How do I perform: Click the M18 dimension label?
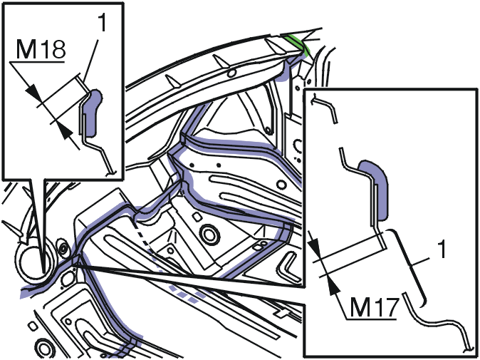click(41, 49)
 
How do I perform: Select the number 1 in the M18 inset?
click(102, 23)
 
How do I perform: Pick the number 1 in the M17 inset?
click(441, 249)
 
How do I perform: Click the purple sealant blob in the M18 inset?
click(93, 113)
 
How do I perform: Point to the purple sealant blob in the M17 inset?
click(374, 189)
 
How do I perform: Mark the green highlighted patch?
click(298, 45)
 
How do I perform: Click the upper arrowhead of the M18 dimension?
click(33, 92)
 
